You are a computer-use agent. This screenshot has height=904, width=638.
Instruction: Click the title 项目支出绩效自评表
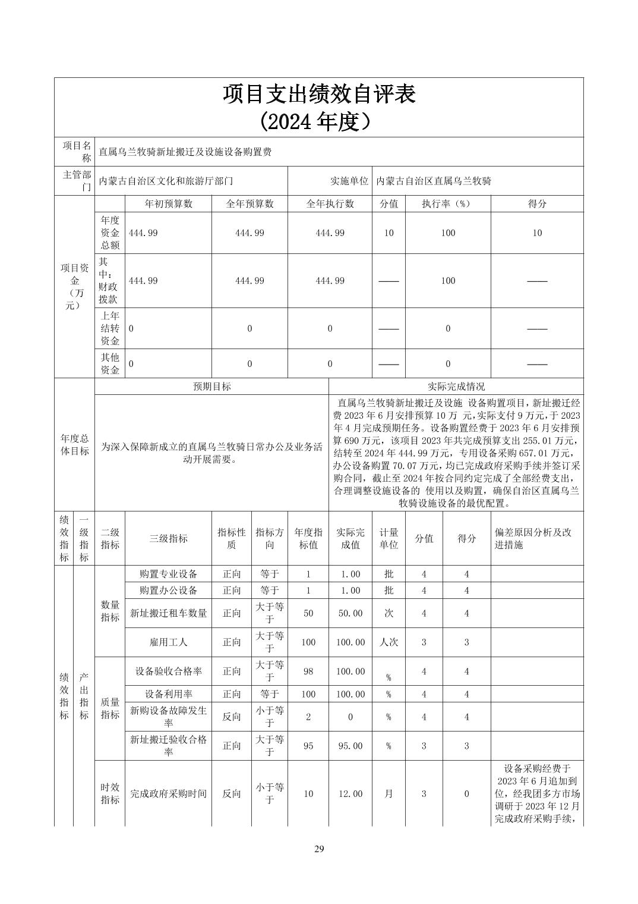coord(319,95)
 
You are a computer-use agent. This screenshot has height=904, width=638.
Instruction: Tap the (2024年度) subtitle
coord(319,122)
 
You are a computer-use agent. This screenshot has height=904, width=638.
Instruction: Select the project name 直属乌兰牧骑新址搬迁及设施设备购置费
coord(185,152)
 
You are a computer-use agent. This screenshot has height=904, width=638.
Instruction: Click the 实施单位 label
coord(349,181)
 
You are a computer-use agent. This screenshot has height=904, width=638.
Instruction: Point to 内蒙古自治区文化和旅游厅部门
coord(166,181)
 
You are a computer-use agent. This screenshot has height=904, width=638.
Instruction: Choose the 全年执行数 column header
coord(330,203)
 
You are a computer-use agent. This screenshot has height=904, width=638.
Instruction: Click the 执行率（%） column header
coord(447,203)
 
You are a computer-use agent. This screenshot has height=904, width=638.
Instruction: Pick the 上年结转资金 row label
coord(110,328)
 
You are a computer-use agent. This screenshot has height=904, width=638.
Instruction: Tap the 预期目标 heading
coord(211,387)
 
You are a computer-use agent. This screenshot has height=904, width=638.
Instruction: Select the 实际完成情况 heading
coord(456,387)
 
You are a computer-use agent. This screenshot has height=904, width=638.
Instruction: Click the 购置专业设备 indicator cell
coord(168,574)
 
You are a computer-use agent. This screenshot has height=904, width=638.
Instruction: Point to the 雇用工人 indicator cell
coord(168,642)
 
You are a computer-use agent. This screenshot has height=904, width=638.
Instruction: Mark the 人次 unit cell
coord(389,642)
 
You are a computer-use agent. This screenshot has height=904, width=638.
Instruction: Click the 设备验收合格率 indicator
coord(168,671)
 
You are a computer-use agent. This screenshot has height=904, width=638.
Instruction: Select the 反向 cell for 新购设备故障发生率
coord(232,717)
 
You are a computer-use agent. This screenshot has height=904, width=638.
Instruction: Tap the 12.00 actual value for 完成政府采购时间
coord(350,794)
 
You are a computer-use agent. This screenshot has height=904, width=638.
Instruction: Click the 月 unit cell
coord(389,794)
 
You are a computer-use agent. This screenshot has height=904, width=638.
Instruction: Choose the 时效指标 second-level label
coord(110,794)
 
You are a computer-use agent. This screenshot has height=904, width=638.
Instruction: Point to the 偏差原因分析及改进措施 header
coord(533,538)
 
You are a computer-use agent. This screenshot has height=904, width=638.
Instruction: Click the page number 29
coord(319,849)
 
